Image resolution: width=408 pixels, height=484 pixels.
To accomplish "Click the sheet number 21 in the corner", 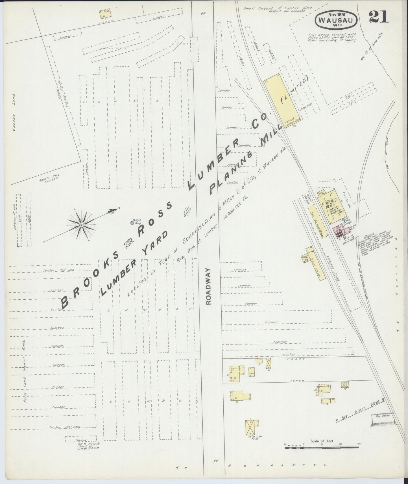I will click(379, 17).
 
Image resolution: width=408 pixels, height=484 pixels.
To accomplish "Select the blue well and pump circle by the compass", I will click(132, 223).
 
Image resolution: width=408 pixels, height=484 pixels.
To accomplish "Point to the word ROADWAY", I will click(209, 286).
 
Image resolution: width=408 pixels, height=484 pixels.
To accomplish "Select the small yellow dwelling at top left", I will click(105, 13).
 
